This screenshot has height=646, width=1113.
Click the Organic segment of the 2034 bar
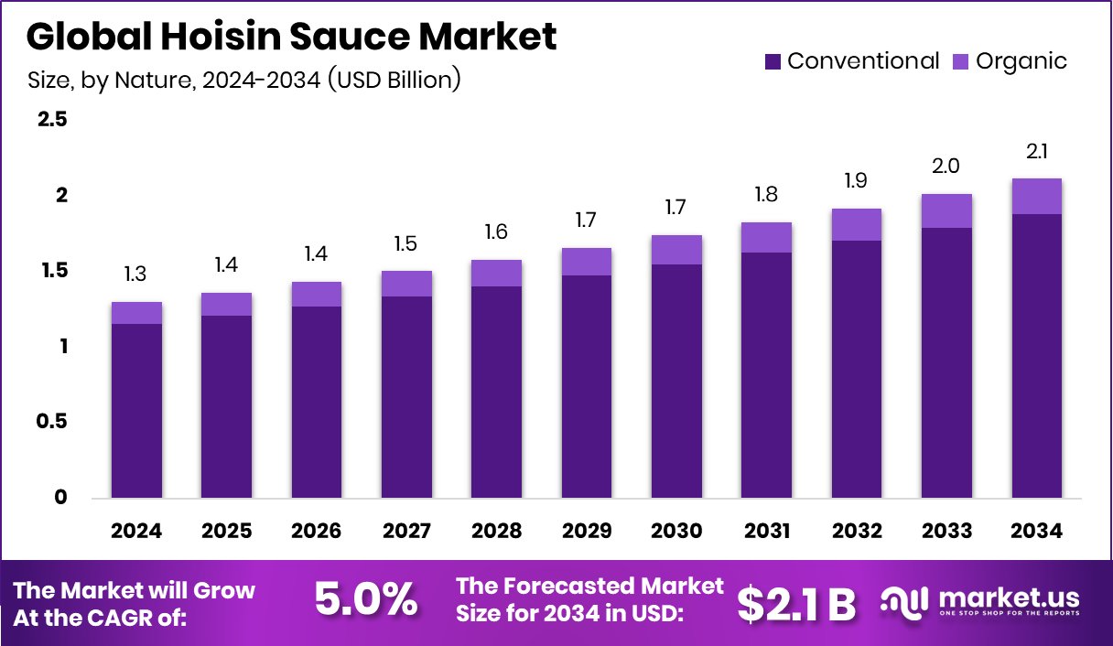[x=1036, y=196]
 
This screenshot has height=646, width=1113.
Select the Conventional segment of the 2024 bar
[x=136, y=411]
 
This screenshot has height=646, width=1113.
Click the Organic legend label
[x=1021, y=61]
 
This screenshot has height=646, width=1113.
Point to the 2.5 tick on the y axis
[x=52, y=120]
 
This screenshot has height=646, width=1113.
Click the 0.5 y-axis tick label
[x=52, y=422]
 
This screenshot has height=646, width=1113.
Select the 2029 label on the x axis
[x=586, y=532]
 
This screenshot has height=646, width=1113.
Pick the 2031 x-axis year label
[x=766, y=532]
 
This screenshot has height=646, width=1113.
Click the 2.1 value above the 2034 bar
[x=1036, y=151]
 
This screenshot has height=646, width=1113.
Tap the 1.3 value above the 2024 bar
[x=136, y=274]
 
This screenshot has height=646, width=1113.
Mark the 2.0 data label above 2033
[x=946, y=166]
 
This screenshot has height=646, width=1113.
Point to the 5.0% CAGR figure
[x=366, y=600]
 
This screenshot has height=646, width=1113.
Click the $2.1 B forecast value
[x=795, y=603]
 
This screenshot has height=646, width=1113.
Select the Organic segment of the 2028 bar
[x=496, y=273]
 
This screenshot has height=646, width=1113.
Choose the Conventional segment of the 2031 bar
[x=766, y=375]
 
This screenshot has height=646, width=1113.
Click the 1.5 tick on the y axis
[x=52, y=271]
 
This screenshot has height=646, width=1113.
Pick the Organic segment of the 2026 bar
[x=316, y=294]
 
